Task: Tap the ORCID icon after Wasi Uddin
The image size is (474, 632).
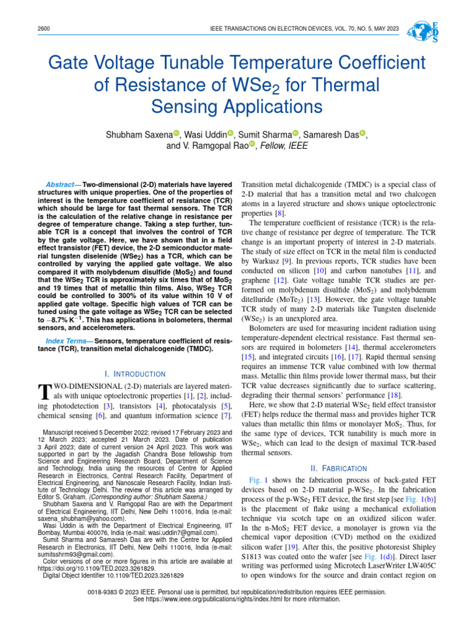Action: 230,134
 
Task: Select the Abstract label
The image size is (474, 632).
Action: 63,185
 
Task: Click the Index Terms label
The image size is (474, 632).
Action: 67,341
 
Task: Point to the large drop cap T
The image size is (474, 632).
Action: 43,391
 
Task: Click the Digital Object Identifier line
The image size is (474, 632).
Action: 113,575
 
